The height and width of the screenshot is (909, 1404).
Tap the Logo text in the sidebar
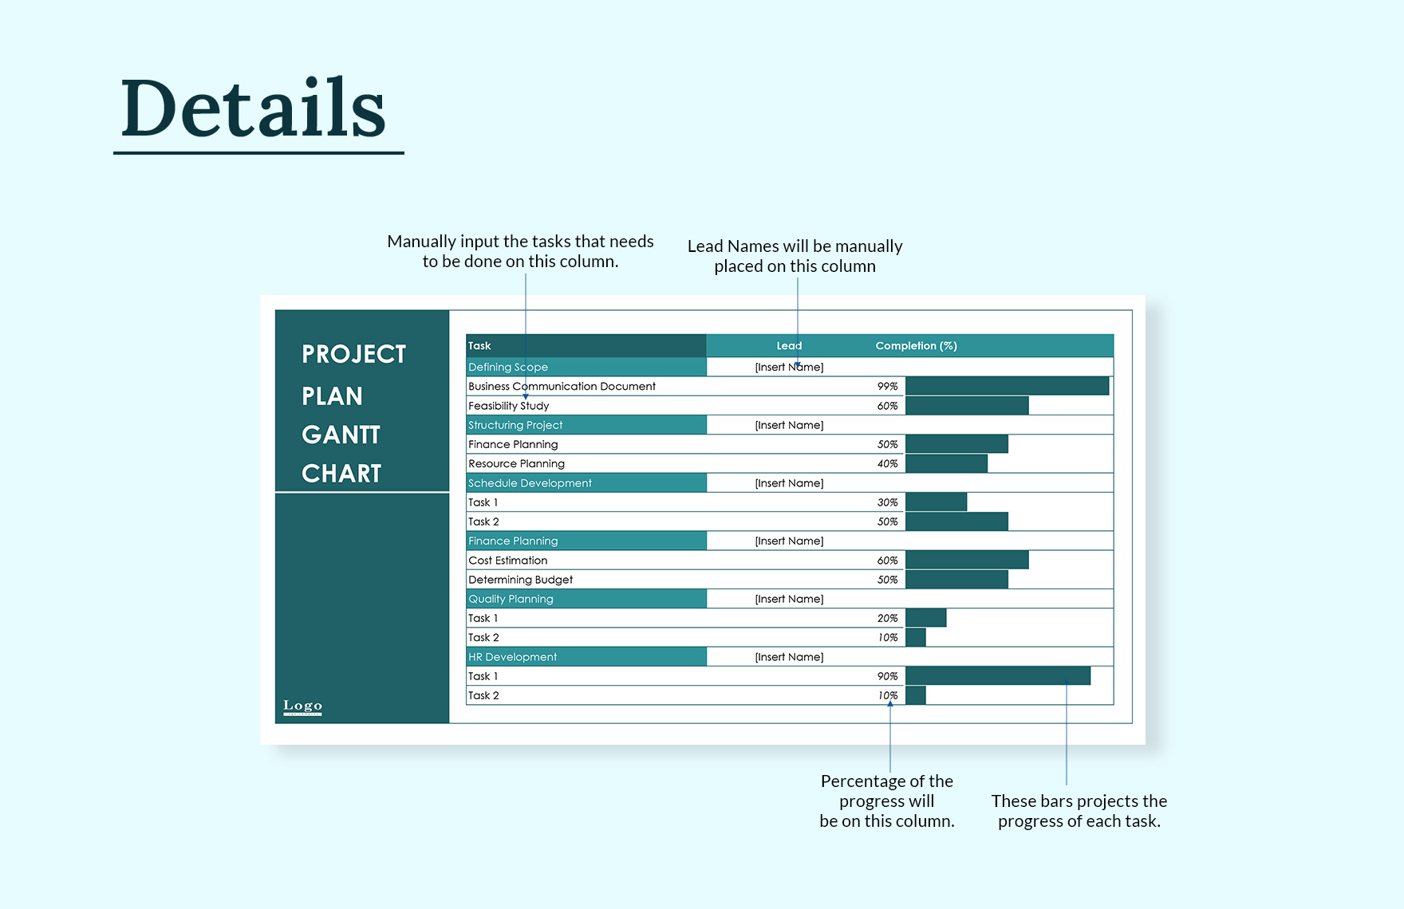coord(302,706)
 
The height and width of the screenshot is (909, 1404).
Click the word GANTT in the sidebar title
coord(341,435)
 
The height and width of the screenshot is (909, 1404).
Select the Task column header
coord(479,345)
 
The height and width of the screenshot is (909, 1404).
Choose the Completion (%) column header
coord(916,345)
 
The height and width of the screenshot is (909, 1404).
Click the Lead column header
coord(789,345)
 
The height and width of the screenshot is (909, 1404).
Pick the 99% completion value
coord(887,386)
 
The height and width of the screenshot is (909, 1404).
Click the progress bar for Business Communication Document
coord(1007,386)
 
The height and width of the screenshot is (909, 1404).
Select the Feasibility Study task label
coord(508,406)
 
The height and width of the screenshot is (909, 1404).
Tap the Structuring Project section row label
coord(515,425)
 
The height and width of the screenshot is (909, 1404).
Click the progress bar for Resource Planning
coord(946,463)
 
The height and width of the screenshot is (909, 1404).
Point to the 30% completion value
coord(887,502)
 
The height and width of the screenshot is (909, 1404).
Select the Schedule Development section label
coord(530,483)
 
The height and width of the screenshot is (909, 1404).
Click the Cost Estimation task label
coord(507,561)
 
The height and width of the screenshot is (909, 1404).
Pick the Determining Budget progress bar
coord(956,580)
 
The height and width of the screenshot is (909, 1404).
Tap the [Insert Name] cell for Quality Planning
coord(789,599)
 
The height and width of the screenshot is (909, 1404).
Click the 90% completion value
coord(887,676)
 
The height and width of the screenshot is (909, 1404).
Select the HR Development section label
coord(512,657)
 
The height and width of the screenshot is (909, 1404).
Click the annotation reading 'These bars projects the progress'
coord(1079,811)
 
